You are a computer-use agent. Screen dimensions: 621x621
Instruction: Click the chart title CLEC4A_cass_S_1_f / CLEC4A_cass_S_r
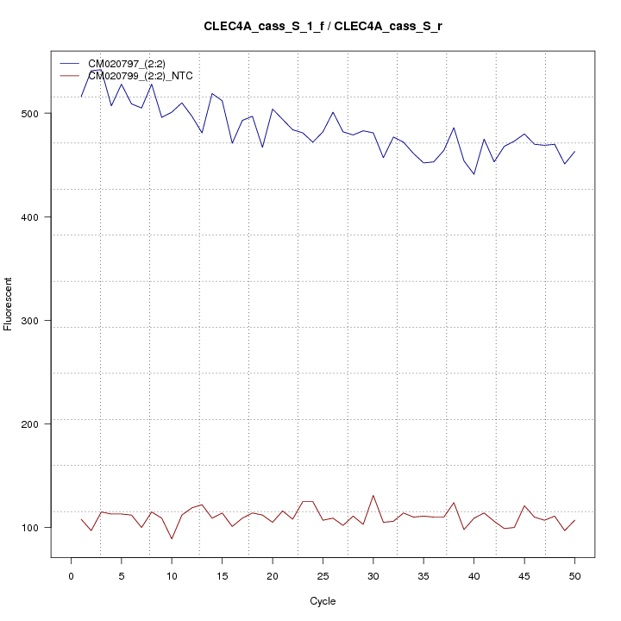pos(323,27)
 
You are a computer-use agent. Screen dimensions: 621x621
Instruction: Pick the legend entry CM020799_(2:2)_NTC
pos(141,76)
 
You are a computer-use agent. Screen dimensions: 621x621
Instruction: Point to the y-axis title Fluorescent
pos(9,303)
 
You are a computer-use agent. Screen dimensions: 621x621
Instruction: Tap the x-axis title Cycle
pos(323,601)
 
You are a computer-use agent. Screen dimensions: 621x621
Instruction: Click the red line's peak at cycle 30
pos(373,495)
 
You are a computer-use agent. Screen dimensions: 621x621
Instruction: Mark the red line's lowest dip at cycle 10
pos(172,539)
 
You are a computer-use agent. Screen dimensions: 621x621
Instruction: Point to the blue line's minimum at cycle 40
pos(474,174)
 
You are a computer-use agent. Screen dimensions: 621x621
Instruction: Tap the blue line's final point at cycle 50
pos(574,152)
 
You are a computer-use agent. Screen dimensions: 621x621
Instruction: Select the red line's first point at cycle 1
pos(81,519)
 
